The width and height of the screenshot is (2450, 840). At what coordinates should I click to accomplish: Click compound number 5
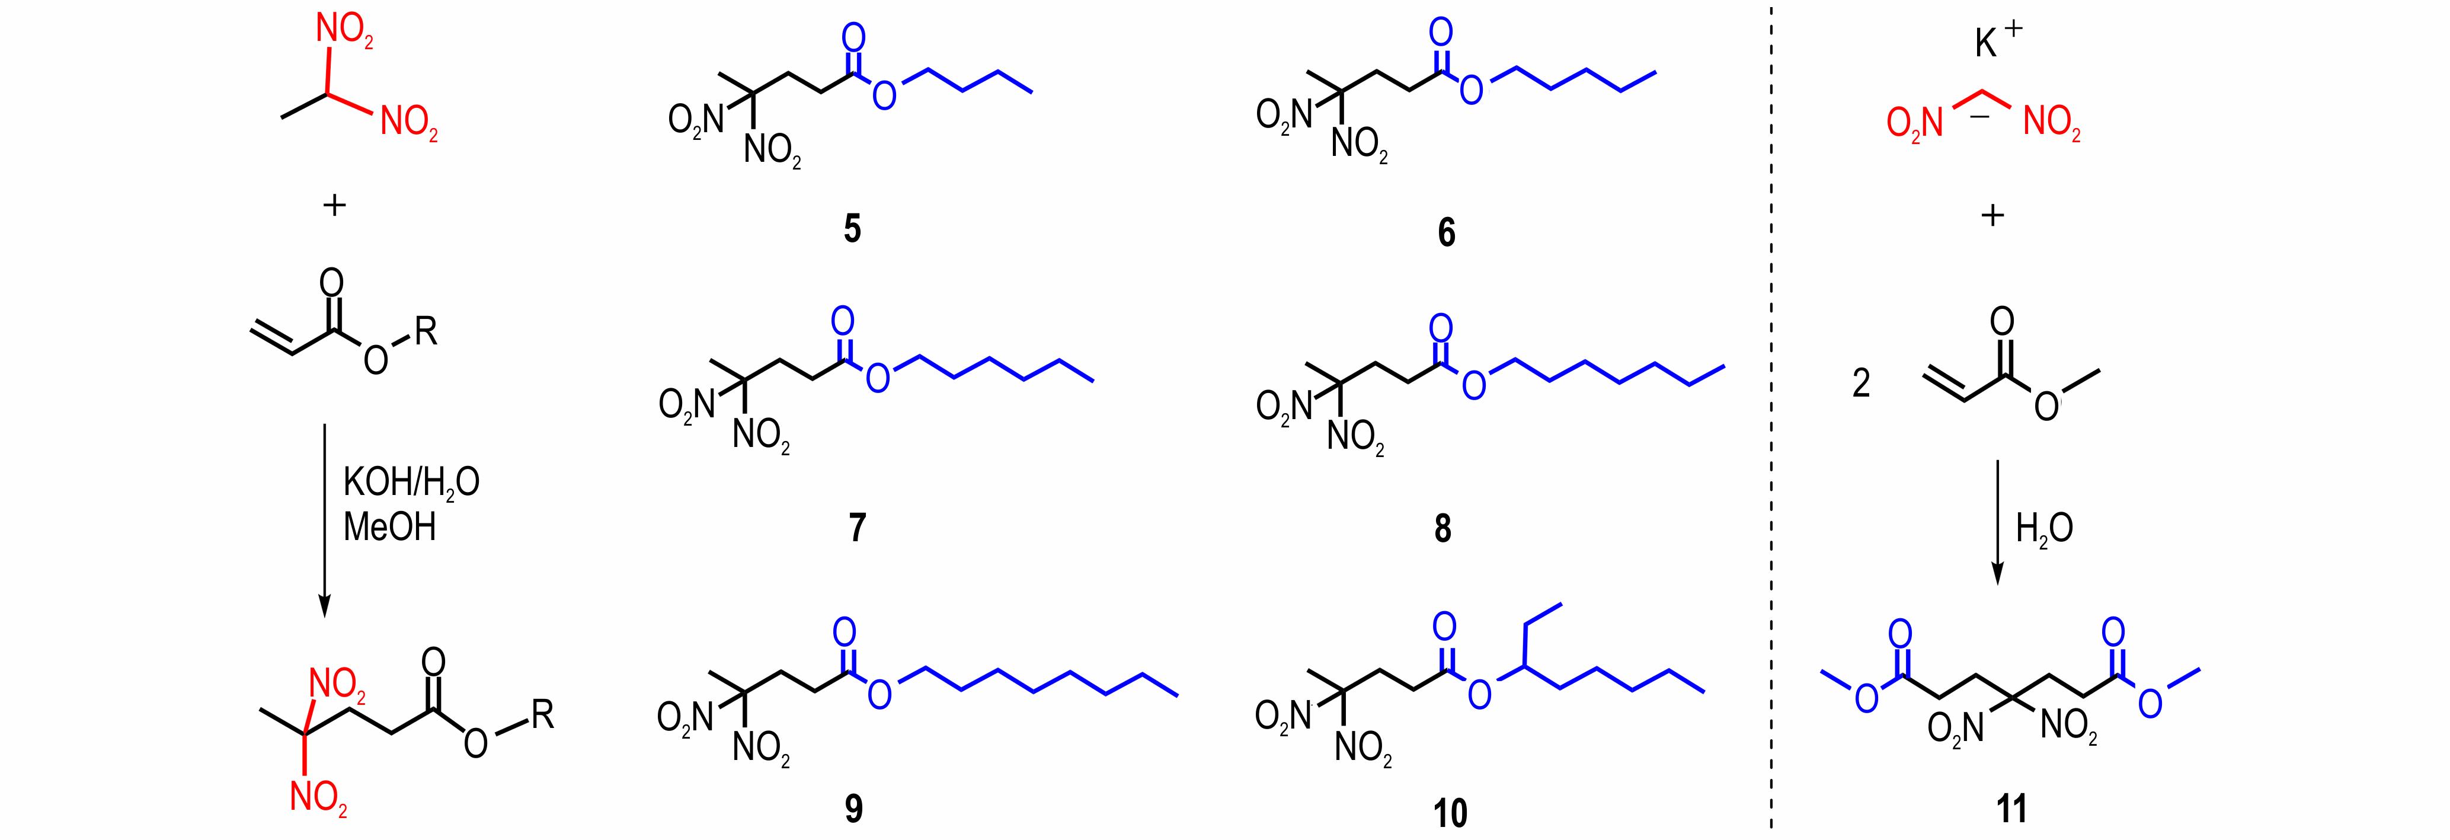click(852, 229)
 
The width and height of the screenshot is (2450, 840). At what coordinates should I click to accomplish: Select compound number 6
click(1445, 232)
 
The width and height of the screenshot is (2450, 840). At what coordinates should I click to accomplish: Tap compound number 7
click(857, 527)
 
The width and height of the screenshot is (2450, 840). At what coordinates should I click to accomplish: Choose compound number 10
click(1450, 812)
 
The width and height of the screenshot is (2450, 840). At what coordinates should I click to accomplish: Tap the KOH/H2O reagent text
click(411, 483)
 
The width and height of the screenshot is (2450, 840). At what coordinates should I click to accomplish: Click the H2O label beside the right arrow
click(2044, 529)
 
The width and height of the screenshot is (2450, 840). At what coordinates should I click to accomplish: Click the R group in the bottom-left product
click(542, 714)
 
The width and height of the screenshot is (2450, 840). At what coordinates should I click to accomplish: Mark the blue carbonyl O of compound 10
click(1444, 627)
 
